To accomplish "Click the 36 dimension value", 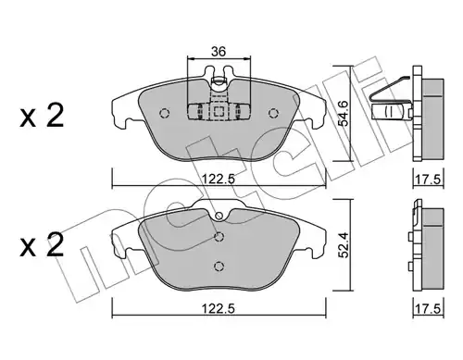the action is (x=219, y=52).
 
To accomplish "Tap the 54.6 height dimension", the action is (x=343, y=113).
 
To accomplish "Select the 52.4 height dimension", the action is (x=343, y=245).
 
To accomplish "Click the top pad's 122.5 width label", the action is (x=219, y=179).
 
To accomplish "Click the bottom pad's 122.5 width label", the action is (x=219, y=308).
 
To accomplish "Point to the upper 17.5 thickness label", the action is (x=429, y=180).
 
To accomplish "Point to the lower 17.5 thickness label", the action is (x=429, y=309).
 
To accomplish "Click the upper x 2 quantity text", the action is (x=42, y=116).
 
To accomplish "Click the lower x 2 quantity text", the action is (x=42, y=244).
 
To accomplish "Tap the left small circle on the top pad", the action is (x=164, y=113).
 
